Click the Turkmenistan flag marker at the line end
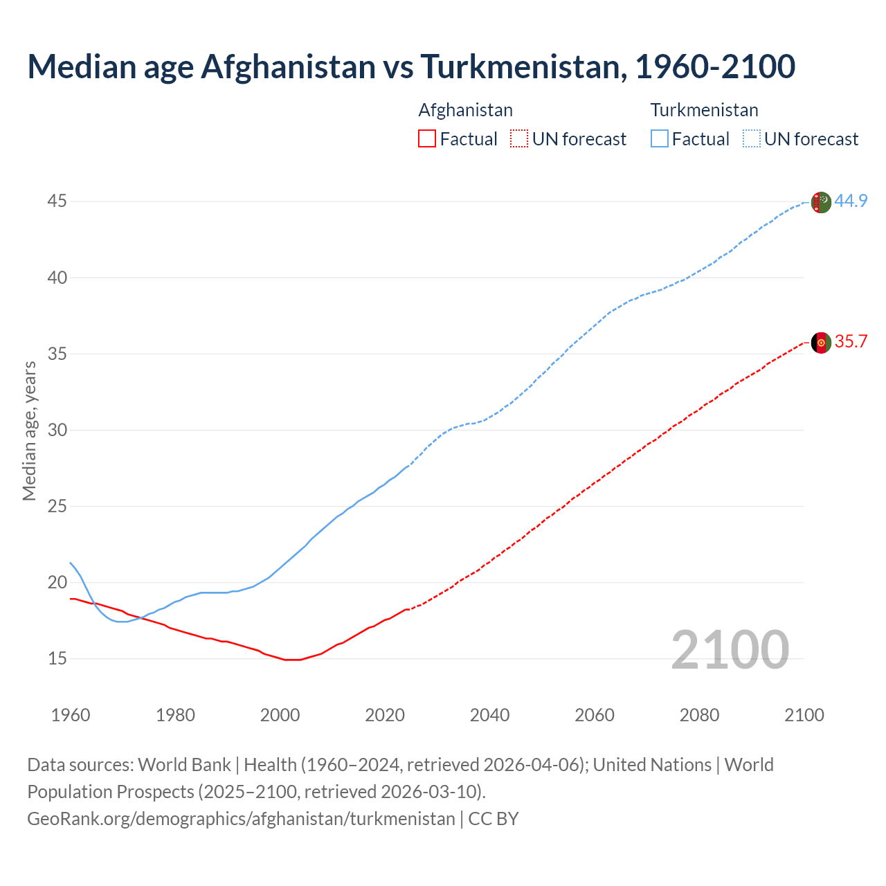coord(821,202)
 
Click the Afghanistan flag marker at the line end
coord(821,343)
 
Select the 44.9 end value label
coord(851,201)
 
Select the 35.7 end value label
coord(851,342)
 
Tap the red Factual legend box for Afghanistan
coord(427,139)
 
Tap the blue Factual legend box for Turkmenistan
coord(659,139)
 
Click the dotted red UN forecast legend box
coord(519,139)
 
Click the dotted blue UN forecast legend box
coord(751,139)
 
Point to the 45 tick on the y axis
coord(57,201)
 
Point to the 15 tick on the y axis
coord(57,658)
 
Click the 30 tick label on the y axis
coord(57,430)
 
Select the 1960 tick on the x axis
coord(71,715)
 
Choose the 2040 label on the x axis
coord(490,715)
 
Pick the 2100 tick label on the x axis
coord(804,715)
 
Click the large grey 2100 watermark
coord(730,649)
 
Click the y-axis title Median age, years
coord(29,431)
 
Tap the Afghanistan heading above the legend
coord(466,110)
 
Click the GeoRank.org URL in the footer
coord(241,819)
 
